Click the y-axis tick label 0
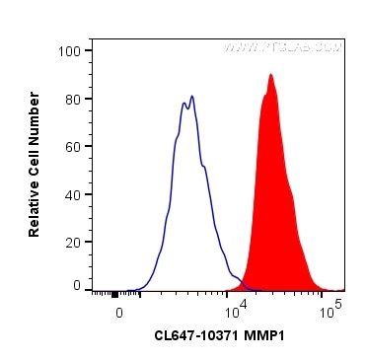click(x=77, y=285)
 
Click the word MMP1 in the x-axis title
click(x=271, y=336)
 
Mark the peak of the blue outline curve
click(x=192, y=96)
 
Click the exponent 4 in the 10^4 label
click(x=241, y=307)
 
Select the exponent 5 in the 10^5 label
click(x=337, y=306)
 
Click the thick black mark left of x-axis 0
click(x=115, y=294)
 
